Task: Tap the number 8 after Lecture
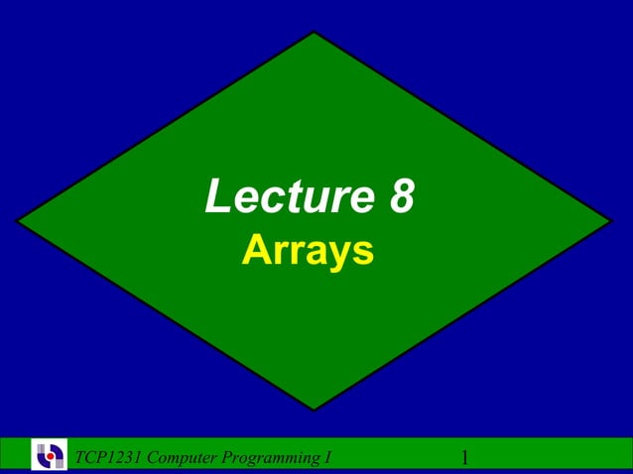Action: coord(400,197)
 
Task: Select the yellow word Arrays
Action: coord(308,250)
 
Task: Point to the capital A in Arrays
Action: coord(255,250)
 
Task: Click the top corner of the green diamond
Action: coord(315,34)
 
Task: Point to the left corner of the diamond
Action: coord(18,221)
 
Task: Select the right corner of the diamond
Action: coord(611,221)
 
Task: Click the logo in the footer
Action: coord(49,455)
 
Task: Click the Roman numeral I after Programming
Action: coord(326,457)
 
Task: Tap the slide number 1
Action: coord(464,457)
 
